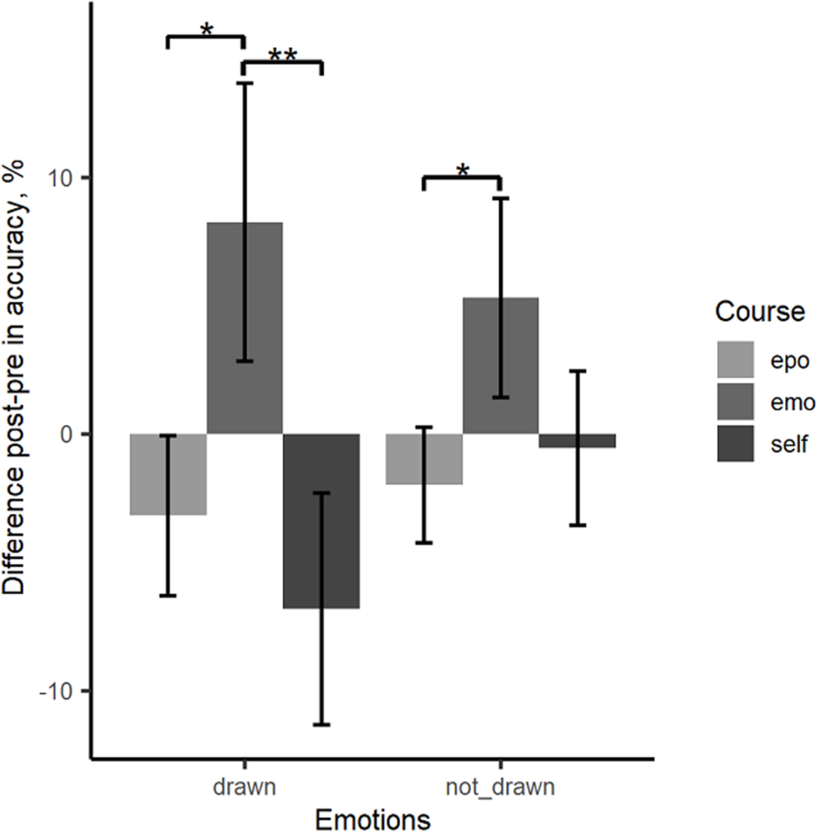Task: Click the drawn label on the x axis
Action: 244,787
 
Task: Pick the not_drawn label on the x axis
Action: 500,787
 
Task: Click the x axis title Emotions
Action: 372,820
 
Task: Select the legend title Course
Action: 760,311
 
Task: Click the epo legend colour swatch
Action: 735,359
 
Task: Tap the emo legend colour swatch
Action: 735,401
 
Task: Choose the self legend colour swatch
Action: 735,443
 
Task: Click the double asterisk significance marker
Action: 283,55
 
